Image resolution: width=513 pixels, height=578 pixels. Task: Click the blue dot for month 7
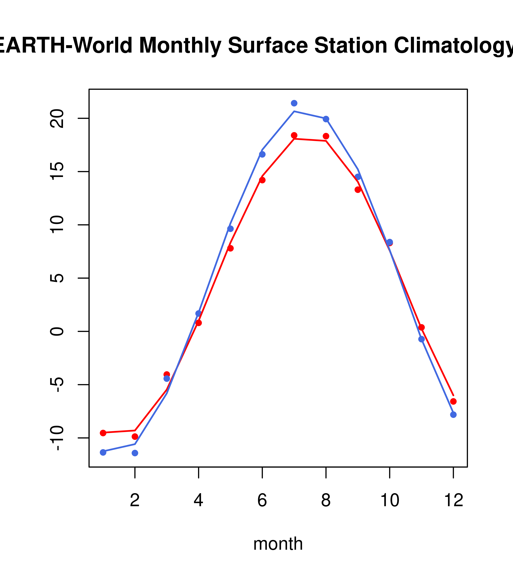(x=294, y=103)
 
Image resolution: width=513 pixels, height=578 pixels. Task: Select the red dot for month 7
(x=294, y=135)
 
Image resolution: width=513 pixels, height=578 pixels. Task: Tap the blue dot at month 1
(x=103, y=452)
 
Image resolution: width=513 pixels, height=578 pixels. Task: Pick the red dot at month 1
(x=103, y=433)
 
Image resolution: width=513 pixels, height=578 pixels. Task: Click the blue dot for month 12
(x=453, y=415)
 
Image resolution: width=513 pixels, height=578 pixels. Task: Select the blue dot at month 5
(x=230, y=229)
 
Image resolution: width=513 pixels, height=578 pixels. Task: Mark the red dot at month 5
(x=230, y=248)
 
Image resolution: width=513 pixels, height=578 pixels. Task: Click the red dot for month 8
(x=326, y=136)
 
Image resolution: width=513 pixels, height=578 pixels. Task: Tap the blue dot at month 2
(x=135, y=453)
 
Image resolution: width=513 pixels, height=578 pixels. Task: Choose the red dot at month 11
(x=421, y=327)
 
